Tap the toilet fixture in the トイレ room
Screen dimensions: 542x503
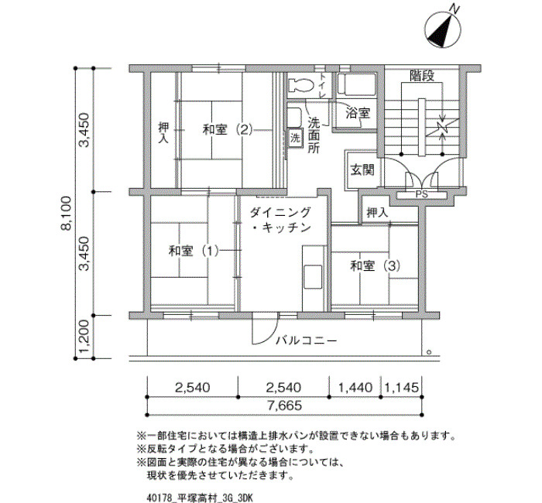300,84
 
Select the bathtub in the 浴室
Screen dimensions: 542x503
357,84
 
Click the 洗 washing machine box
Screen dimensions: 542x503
295,139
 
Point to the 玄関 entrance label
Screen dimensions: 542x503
362,170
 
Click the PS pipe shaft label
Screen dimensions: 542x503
421,194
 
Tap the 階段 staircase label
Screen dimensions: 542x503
422,76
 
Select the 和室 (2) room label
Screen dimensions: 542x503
228,130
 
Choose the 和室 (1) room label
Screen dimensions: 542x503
194,251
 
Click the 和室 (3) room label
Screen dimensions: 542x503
376,265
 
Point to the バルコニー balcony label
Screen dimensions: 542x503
306,341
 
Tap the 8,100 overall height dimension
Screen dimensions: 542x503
66,213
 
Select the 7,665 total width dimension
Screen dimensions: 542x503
284,405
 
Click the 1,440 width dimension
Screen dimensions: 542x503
355,388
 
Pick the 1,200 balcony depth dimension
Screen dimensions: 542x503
84,337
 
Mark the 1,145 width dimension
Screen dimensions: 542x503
402,388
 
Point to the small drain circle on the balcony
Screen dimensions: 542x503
429,352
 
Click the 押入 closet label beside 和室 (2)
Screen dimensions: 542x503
164,133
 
